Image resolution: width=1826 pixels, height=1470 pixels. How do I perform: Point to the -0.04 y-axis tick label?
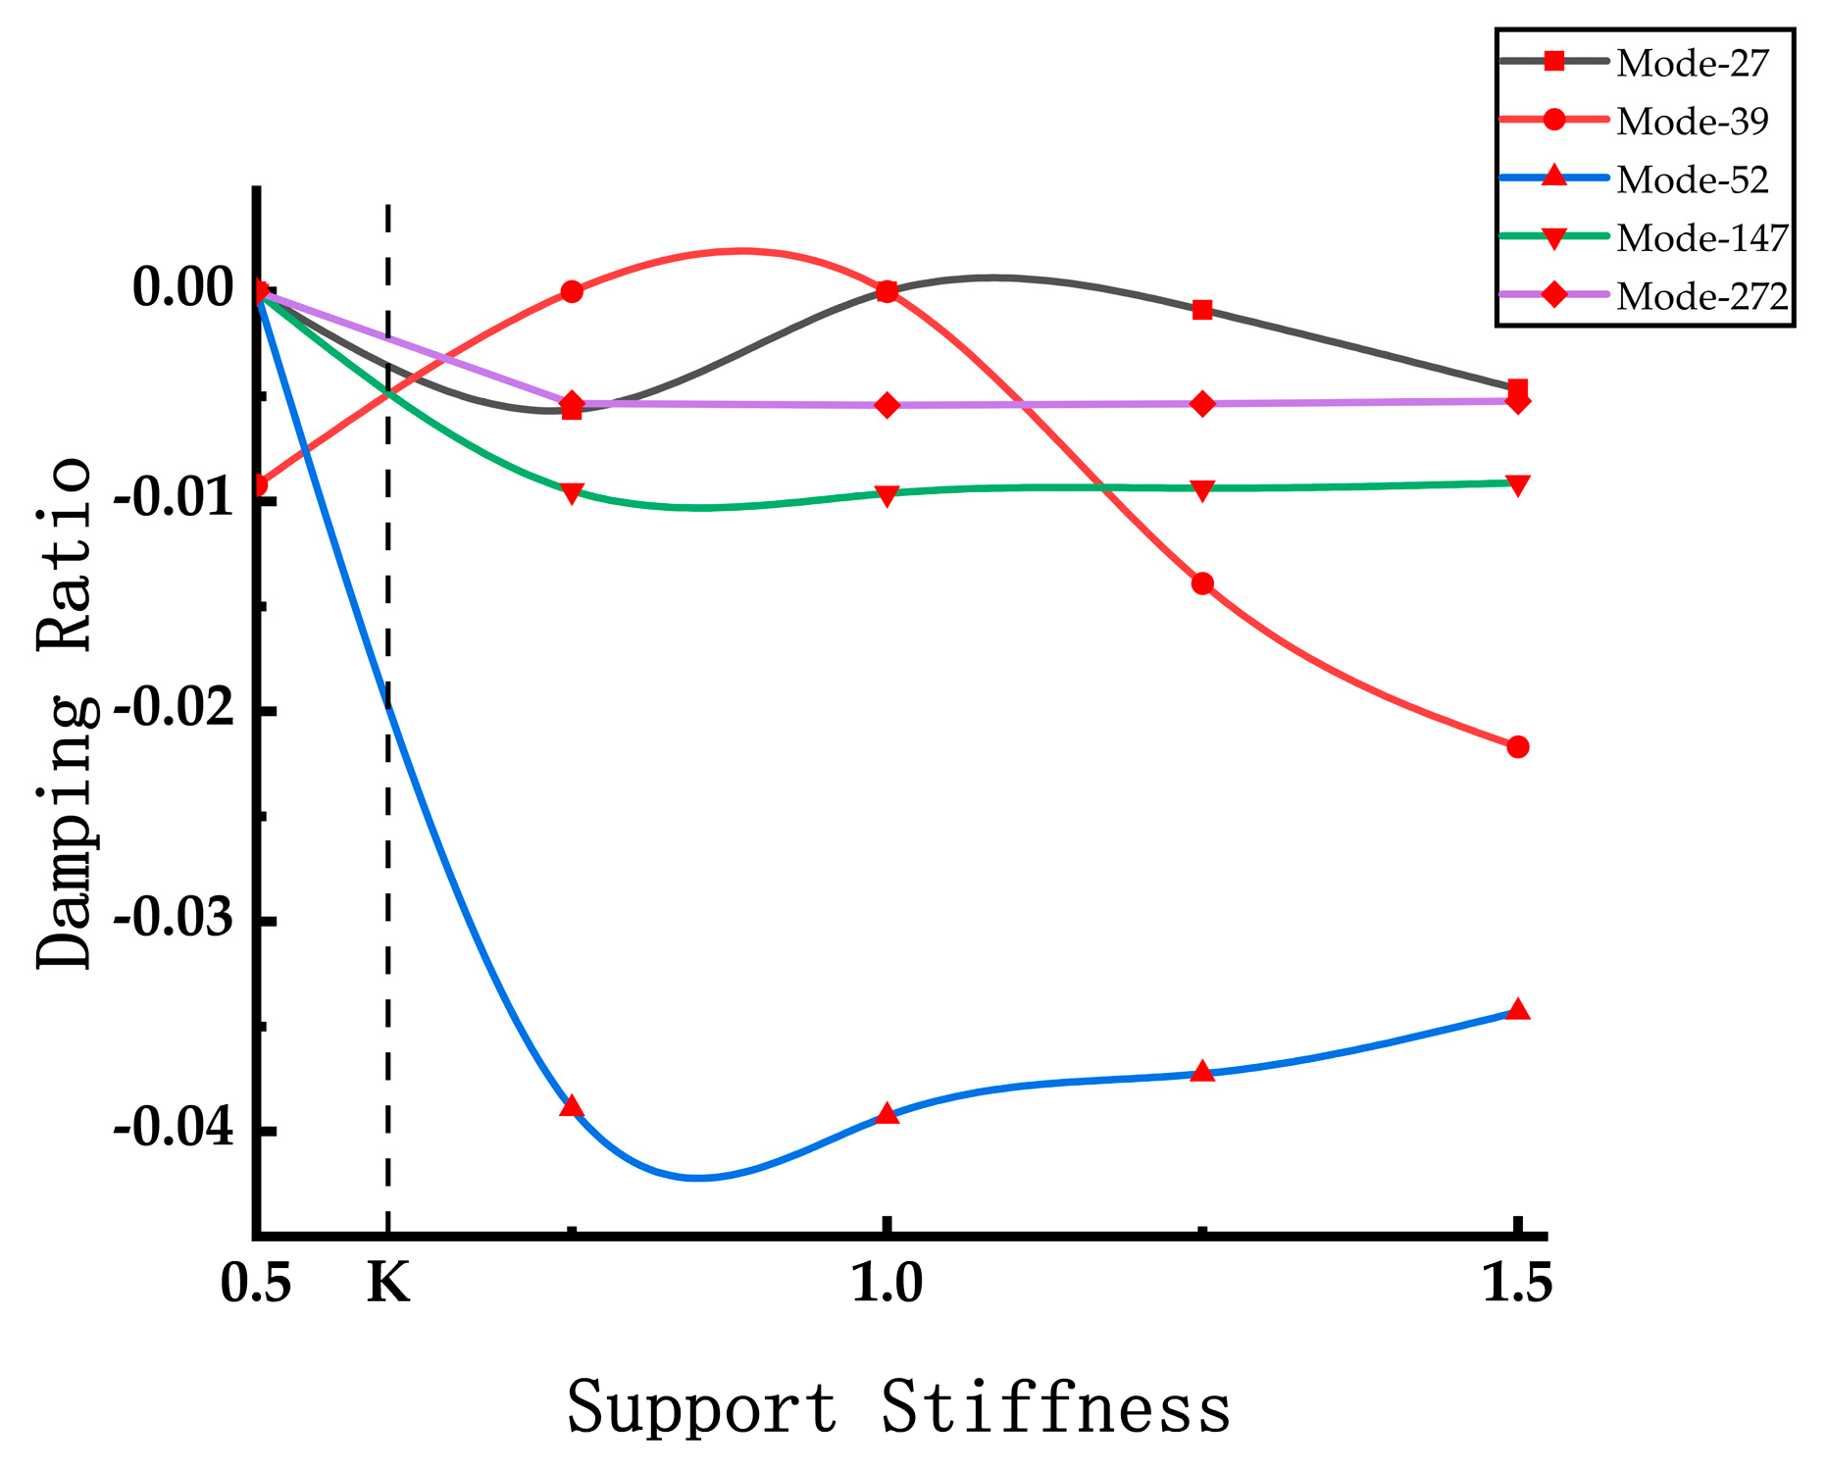click(x=175, y=1130)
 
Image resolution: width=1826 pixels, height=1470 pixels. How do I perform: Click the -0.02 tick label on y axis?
click(x=175, y=710)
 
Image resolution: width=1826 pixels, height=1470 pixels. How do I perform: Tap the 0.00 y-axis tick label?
click(x=183, y=289)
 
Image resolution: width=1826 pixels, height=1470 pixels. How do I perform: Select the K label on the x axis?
click(x=388, y=1283)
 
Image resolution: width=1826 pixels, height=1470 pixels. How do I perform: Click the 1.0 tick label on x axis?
click(x=887, y=1283)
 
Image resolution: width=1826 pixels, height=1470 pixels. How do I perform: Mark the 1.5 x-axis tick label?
click(x=1517, y=1283)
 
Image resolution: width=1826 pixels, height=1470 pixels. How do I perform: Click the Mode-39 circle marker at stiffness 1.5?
click(x=1518, y=747)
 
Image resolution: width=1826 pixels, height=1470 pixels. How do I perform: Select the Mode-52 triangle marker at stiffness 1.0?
click(x=888, y=1114)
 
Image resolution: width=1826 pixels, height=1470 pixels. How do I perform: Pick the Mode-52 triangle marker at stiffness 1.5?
click(x=1518, y=1010)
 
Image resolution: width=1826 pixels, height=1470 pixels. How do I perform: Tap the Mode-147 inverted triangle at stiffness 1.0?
click(x=888, y=496)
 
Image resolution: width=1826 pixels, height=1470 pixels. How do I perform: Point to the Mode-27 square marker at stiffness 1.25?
click(x=1203, y=310)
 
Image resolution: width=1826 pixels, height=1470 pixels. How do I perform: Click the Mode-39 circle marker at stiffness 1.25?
click(x=1203, y=583)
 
